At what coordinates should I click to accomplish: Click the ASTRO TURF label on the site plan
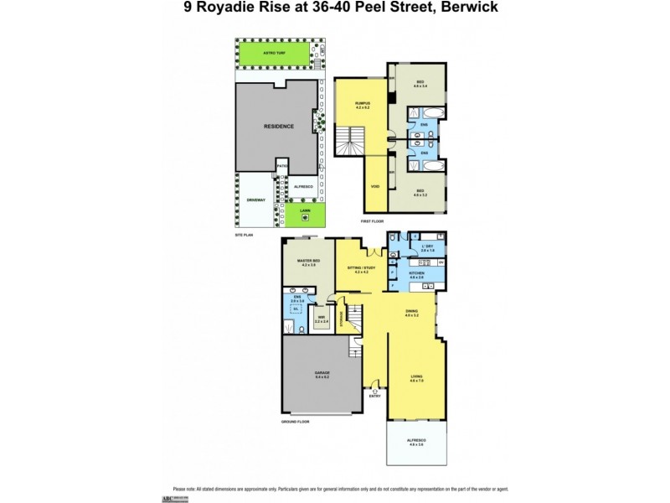tap(274, 52)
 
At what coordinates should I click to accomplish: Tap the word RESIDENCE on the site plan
tap(279, 127)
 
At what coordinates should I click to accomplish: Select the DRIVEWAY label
tap(255, 200)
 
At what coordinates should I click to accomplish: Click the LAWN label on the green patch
tap(306, 210)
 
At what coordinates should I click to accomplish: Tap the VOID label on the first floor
tap(374, 186)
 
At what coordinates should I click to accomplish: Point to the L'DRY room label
tap(427, 246)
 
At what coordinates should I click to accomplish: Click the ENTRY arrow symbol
tap(374, 390)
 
